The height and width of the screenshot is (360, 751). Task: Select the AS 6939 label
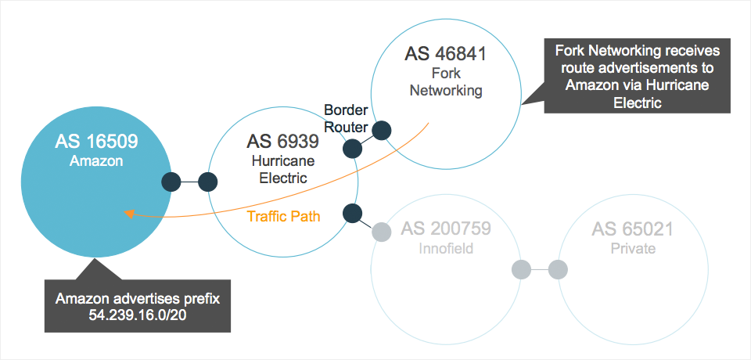point(282,142)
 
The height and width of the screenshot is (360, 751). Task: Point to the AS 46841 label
point(446,55)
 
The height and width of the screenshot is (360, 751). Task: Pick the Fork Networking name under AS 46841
point(446,81)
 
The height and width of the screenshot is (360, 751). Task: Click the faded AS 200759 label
point(446,229)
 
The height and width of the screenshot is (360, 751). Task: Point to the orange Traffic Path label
point(283,216)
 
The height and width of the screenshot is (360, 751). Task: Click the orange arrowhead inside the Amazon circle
point(129,212)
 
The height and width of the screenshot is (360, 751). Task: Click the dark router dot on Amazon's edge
point(171,182)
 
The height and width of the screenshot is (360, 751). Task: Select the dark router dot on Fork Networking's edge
point(382,131)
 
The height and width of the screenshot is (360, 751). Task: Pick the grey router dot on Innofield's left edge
point(381,232)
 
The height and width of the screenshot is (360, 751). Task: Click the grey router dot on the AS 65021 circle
point(557,270)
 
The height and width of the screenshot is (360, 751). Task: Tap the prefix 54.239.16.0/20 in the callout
point(137,314)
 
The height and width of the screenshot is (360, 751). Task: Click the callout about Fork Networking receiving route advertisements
point(637,77)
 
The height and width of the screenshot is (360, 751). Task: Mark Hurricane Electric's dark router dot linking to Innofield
point(352,212)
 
